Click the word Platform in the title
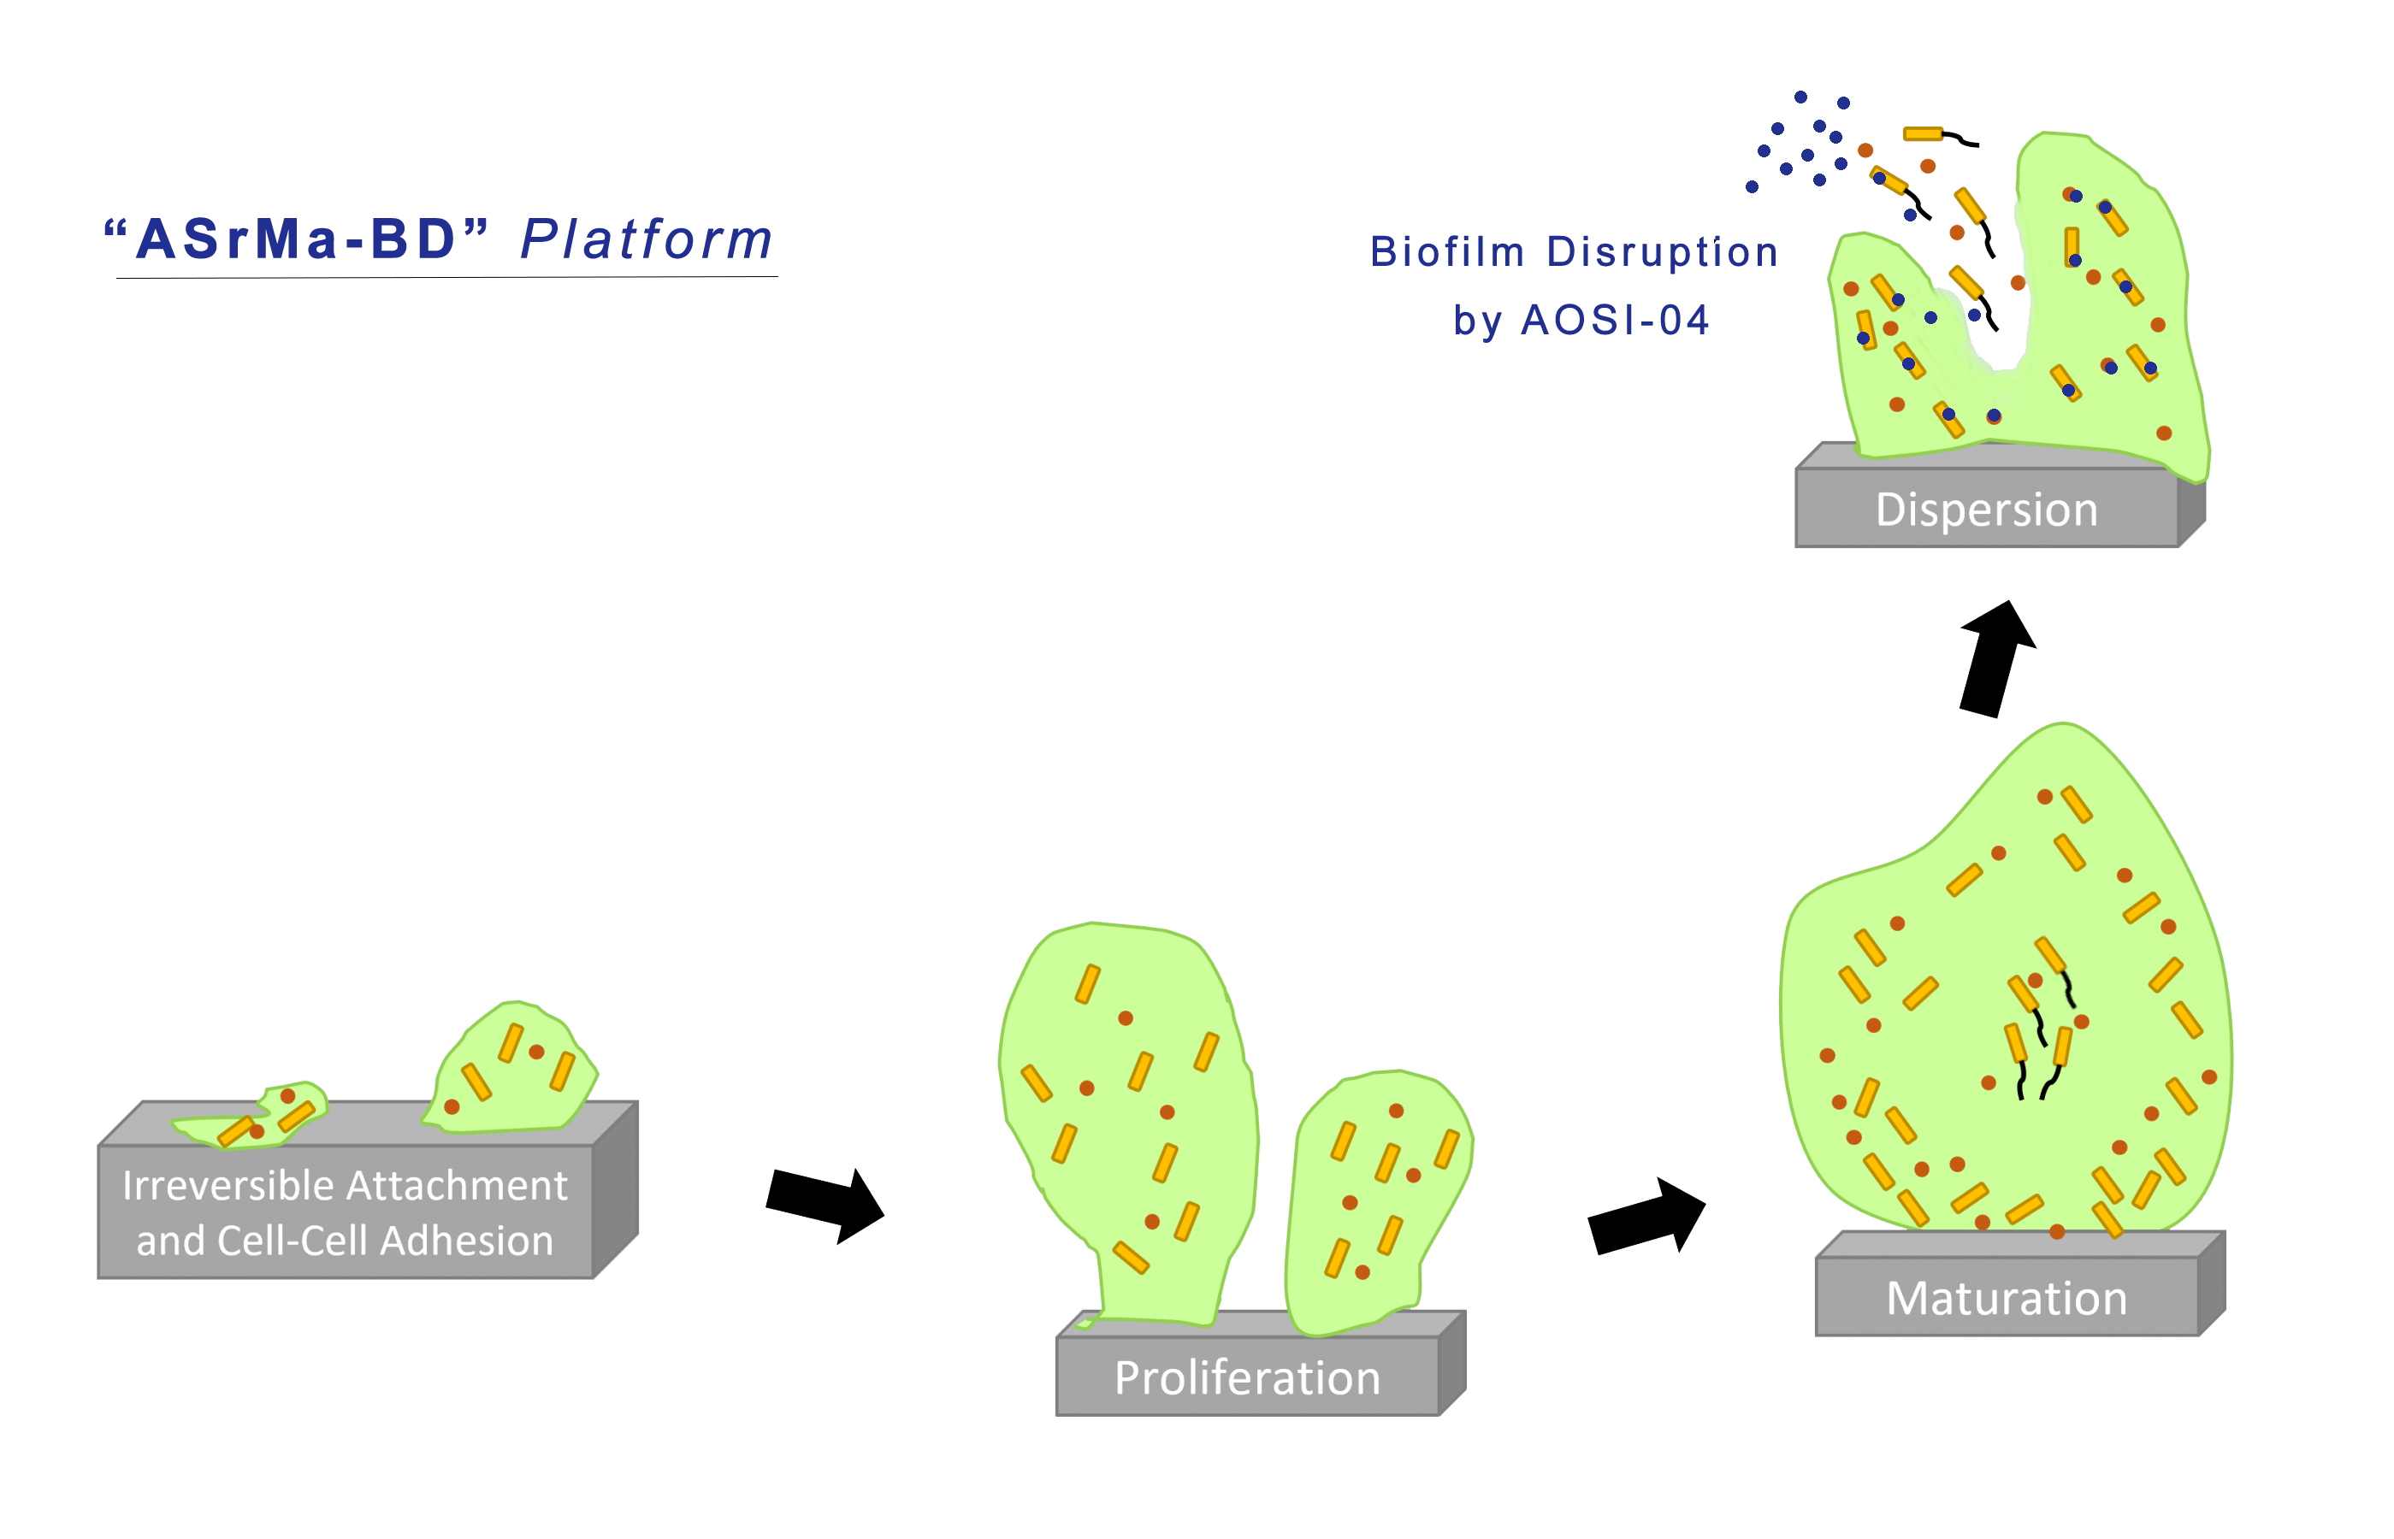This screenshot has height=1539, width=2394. click(x=647, y=240)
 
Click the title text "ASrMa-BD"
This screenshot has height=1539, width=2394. click(x=296, y=240)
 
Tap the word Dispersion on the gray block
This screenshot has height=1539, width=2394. click(x=1986, y=510)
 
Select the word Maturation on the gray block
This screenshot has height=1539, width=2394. click(x=2007, y=1298)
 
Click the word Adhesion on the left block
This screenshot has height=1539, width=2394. click(x=466, y=1241)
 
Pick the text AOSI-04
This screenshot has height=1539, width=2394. click(x=1616, y=321)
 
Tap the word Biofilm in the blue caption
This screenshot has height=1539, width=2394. click(x=1446, y=252)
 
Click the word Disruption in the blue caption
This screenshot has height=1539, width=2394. click(x=1663, y=252)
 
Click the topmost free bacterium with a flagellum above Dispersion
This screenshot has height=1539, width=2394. click(x=1924, y=134)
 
